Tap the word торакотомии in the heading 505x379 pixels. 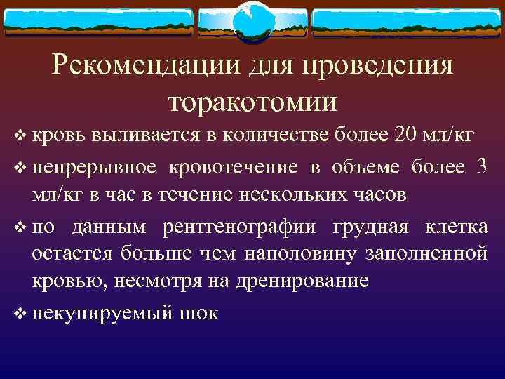coord(252,101)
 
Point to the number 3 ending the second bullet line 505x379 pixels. coord(481,167)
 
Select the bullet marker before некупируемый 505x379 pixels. coord(19,313)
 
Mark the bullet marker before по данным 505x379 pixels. coord(19,228)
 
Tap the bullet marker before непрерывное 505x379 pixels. coord(19,168)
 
